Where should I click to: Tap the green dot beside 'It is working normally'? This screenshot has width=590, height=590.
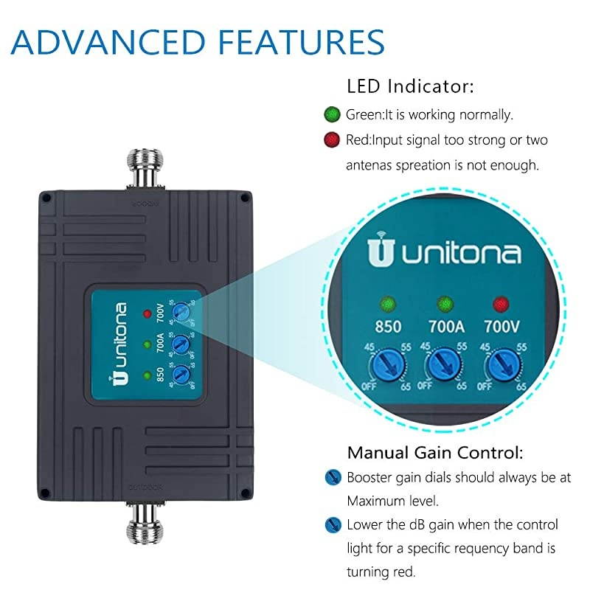click(332, 115)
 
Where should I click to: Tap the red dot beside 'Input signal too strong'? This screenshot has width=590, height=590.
click(332, 139)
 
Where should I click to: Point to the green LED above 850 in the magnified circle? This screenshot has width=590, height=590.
click(386, 303)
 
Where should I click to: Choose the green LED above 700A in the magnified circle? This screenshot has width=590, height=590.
click(445, 303)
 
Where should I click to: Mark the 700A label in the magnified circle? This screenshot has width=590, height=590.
click(445, 326)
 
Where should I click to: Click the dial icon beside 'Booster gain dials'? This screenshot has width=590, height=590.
click(332, 477)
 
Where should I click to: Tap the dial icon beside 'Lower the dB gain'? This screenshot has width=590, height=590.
click(332, 525)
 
